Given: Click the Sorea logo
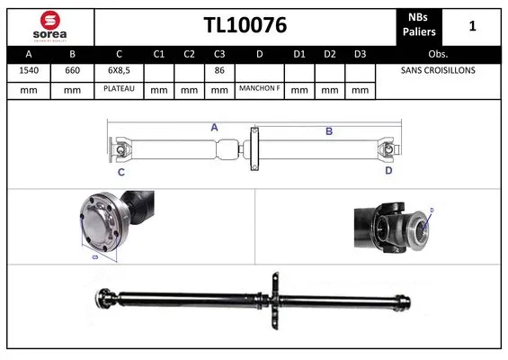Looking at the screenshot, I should tap(49, 25).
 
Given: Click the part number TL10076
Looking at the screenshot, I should tap(245, 26).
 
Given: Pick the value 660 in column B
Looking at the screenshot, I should tap(71, 69).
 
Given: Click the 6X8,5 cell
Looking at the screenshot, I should tap(119, 69).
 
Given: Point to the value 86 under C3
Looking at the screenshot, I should tap(218, 69).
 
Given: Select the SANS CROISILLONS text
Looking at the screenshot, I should tap(438, 69).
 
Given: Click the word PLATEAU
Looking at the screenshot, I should tap(119, 90).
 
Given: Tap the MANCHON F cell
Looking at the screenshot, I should tap(260, 90).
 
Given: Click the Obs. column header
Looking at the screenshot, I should tap(438, 52).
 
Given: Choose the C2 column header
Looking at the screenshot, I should tap(189, 52).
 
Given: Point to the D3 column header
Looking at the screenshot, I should tap(360, 52).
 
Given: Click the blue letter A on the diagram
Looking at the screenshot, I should tap(214, 128).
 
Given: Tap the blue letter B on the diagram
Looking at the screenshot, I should tap(328, 131).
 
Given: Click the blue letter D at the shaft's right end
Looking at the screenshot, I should tap(388, 169).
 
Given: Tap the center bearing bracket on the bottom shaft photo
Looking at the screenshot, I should tap(276, 297).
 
